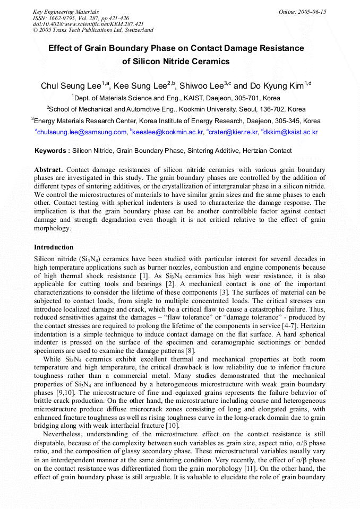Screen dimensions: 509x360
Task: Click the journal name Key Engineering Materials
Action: click(x=66, y=11)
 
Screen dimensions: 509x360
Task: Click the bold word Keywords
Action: click(x=52, y=151)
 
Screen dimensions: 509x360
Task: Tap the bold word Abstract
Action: click(x=49, y=169)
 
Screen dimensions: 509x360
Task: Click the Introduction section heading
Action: click(x=54, y=247)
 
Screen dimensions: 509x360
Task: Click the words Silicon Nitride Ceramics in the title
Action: click(x=176, y=62)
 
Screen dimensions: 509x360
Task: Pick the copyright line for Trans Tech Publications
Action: click(x=93, y=30)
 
